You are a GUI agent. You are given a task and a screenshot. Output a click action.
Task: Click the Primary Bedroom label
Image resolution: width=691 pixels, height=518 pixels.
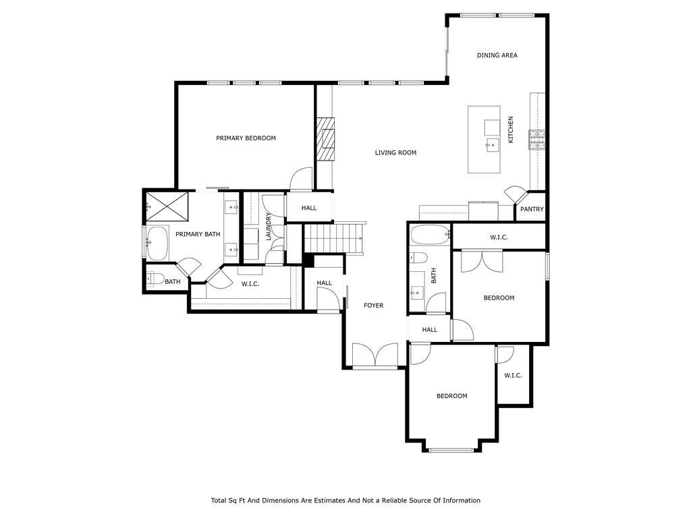pos(246,138)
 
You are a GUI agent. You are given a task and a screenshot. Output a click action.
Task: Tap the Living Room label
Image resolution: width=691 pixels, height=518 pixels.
pos(395,153)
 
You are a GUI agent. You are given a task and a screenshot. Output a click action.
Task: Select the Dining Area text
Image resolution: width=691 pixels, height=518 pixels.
pos(497,55)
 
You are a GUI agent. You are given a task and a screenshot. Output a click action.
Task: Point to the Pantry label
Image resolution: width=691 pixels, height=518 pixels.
pos(532,209)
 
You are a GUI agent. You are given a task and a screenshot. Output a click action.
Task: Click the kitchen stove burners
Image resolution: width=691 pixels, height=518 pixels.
pos(536,140)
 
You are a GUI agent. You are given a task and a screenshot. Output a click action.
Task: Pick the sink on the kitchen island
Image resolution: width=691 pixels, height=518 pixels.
pos(493,144)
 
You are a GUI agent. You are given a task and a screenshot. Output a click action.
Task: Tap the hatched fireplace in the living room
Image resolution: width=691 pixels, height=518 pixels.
pos(326,139)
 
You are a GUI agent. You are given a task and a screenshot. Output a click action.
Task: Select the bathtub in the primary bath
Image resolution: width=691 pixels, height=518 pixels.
pos(157,243)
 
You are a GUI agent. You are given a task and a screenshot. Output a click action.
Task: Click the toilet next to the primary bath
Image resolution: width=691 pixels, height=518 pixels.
pos(155,279)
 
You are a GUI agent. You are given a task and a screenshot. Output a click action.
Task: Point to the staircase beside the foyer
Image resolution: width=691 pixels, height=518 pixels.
pos(333,238)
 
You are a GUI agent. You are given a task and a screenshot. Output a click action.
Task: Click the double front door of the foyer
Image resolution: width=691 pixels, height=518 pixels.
pos(375,355)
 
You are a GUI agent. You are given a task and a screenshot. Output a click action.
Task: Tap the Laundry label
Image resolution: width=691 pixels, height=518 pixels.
pos(269,227)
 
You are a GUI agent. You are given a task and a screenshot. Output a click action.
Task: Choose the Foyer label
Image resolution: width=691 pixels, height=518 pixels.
pos(373,306)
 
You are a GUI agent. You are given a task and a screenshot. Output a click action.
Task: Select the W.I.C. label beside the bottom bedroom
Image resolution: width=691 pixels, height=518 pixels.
pos(513,376)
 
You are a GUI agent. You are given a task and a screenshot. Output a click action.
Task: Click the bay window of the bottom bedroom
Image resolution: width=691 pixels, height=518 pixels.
pos(451,450)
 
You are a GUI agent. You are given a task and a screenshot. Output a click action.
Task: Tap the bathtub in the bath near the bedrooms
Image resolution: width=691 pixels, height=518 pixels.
pos(430,235)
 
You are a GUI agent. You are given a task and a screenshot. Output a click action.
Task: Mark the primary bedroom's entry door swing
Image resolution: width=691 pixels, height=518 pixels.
pos(301,179)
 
